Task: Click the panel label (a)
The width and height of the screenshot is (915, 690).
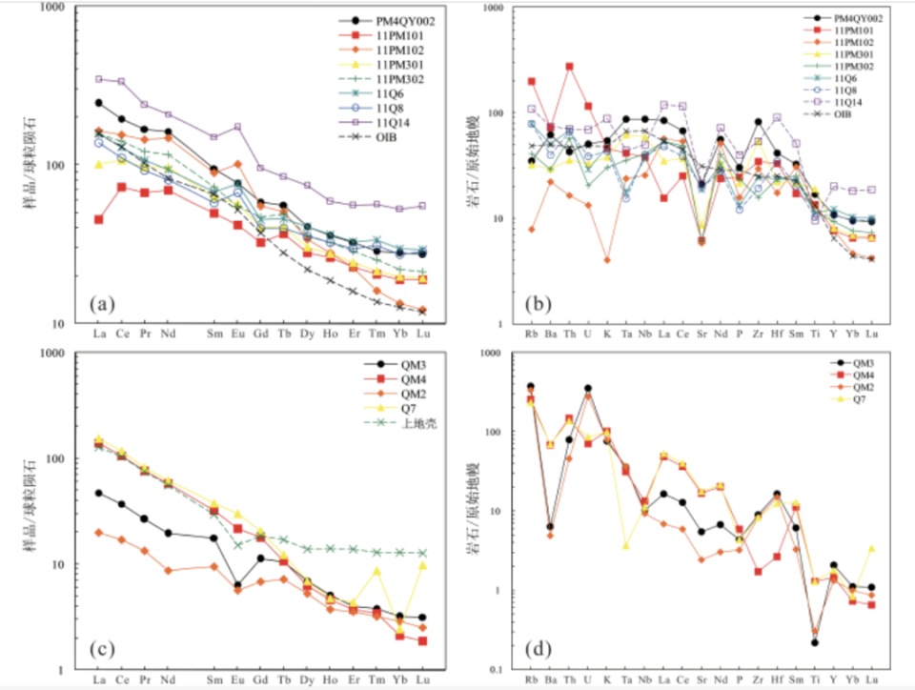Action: pos(101,305)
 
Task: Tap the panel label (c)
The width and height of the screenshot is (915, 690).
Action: pos(101,651)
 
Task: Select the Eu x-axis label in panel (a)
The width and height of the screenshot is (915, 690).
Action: pos(238,335)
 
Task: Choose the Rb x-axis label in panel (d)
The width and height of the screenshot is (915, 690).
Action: pos(531,680)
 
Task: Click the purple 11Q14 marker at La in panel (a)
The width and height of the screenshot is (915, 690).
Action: pos(98,79)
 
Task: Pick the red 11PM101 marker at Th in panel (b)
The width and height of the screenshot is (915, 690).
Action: pos(569,67)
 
